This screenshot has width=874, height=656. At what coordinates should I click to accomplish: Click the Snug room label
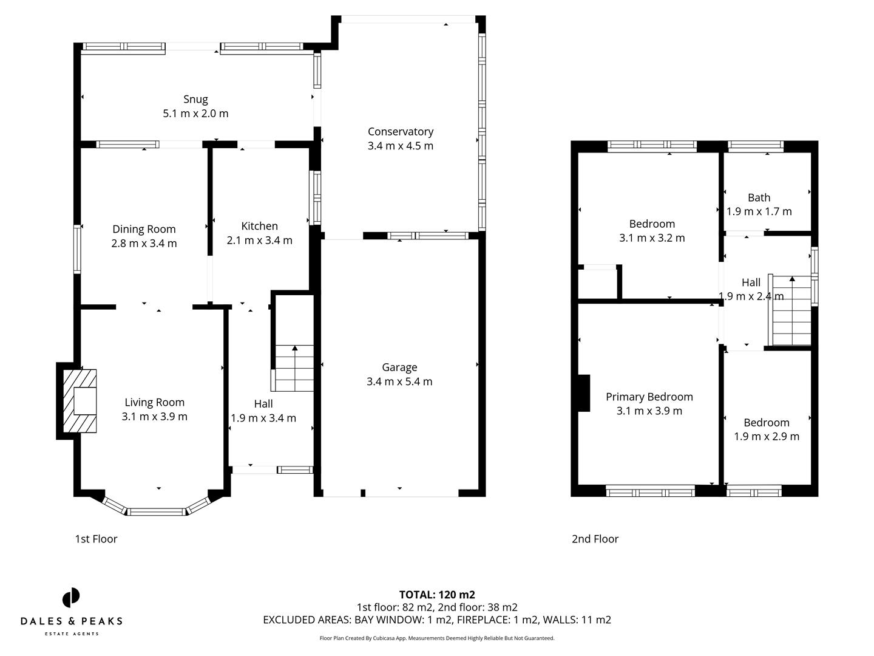coord(195,99)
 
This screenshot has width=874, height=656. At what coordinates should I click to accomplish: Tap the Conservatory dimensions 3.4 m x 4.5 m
coord(400,146)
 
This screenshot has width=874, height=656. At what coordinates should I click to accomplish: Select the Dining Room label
coord(144,229)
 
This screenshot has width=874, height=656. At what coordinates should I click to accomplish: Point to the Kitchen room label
coord(259,226)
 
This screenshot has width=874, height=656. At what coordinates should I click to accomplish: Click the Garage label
coord(399,367)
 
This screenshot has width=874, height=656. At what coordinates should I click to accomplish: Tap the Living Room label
coord(154,402)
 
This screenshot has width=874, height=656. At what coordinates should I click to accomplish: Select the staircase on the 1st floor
coord(294,368)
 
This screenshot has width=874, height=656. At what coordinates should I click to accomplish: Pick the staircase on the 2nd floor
coord(791,312)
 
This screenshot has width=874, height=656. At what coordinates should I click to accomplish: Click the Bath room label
coord(759,197)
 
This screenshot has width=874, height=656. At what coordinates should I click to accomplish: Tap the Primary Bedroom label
coord(649,397)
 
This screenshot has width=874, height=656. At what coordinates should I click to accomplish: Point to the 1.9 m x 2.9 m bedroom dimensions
coord(766,437)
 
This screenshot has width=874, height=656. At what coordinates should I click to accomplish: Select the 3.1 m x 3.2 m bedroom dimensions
coord(652,238)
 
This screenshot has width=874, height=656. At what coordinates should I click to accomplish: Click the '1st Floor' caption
coord(96,539)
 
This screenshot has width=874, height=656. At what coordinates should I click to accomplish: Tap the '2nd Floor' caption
coord(595,539)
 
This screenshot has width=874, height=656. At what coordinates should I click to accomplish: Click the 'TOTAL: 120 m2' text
coord(436,595)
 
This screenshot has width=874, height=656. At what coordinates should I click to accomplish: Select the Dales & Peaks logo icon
coord(71,598)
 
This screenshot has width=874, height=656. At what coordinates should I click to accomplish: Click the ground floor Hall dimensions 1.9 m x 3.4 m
coord(263,418)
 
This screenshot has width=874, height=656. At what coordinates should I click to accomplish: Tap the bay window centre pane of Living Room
coord(157,511)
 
